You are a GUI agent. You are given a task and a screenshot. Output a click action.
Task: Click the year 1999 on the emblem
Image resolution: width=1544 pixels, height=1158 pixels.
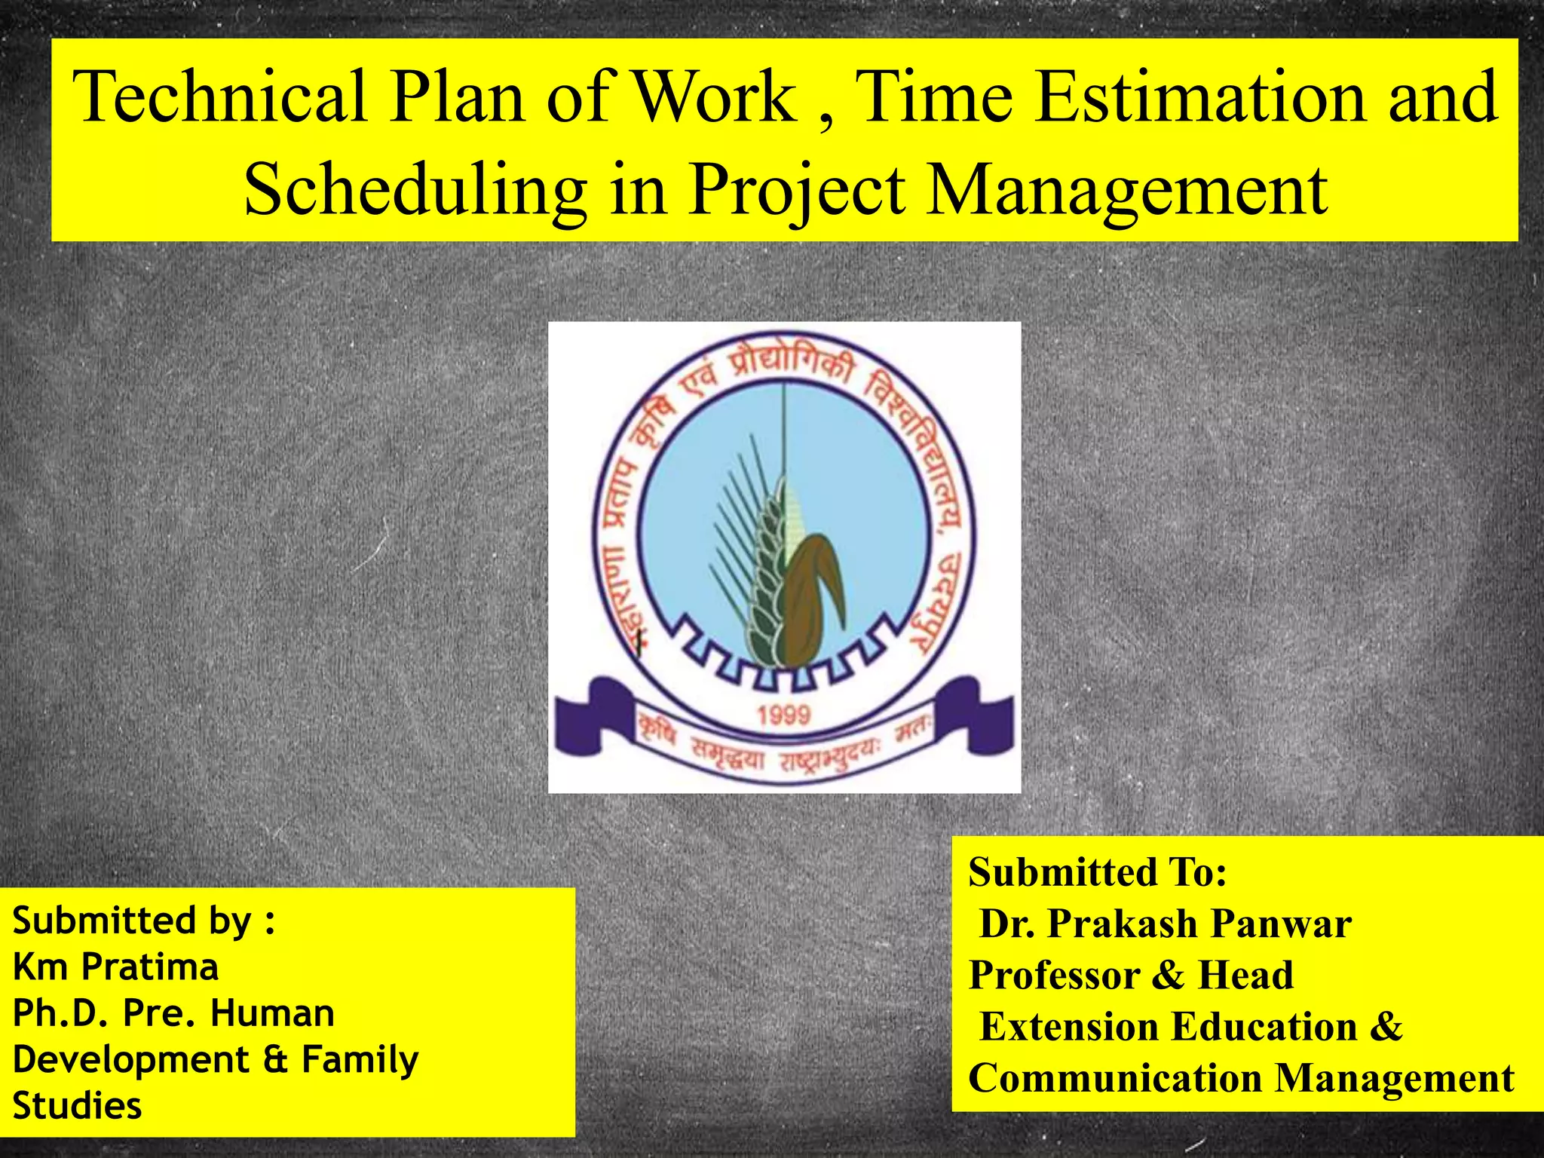point(783,715)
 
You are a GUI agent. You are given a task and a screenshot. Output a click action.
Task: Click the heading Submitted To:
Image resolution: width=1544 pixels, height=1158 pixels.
point(1098,873)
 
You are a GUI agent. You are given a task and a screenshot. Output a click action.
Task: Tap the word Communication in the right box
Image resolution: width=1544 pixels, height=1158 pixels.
point(1114,1078)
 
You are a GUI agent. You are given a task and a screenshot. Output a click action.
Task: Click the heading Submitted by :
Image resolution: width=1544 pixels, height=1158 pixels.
point(143,921)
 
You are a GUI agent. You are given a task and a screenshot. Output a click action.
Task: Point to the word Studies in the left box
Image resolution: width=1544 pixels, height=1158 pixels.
point(77,1107)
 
